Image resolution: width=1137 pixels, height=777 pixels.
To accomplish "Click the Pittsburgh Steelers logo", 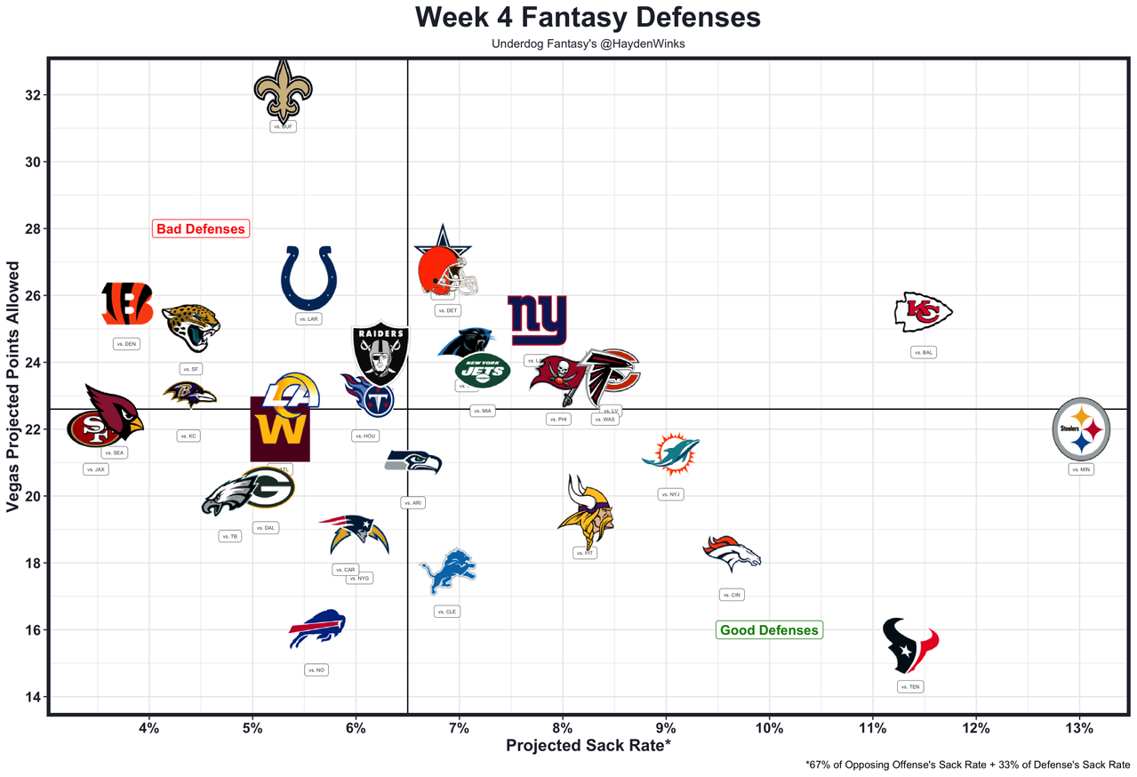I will pos(1080,429).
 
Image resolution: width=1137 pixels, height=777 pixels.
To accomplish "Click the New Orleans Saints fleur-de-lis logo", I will pos(284,90).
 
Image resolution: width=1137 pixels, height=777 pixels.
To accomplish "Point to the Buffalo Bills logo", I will pos(317,629).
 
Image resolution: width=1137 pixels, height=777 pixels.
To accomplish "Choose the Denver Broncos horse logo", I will pos(732,552).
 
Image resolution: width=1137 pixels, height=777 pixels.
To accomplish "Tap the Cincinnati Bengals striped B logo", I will pos(126,304).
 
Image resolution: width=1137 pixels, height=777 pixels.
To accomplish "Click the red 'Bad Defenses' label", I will pos(200,228).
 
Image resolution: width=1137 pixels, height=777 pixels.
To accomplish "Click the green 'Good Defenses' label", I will pos(769,630).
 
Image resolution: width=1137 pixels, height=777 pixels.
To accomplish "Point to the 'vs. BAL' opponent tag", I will pos(924,353).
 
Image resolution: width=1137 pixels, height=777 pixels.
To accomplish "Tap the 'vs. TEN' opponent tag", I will pos(910,687).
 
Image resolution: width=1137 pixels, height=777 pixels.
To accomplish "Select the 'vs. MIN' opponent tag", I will pos(1081,469).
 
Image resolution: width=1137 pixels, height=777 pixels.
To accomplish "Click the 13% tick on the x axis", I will pos(1079,730).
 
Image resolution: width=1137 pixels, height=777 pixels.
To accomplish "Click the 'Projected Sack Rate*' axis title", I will pos(588,746).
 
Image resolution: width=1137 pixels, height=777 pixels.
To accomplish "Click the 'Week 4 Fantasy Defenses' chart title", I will pos(588,18).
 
